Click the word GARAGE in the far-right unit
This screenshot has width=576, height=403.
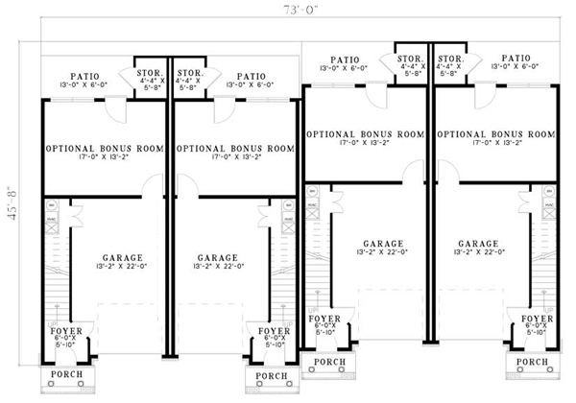click(478, 244)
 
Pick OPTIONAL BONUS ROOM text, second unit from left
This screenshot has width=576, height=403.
click(236, 150)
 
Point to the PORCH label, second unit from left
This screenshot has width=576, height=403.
click(273, 376)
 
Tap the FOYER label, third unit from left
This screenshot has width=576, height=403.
click(323, 317)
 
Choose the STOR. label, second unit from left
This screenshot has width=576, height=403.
click(190, 73)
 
